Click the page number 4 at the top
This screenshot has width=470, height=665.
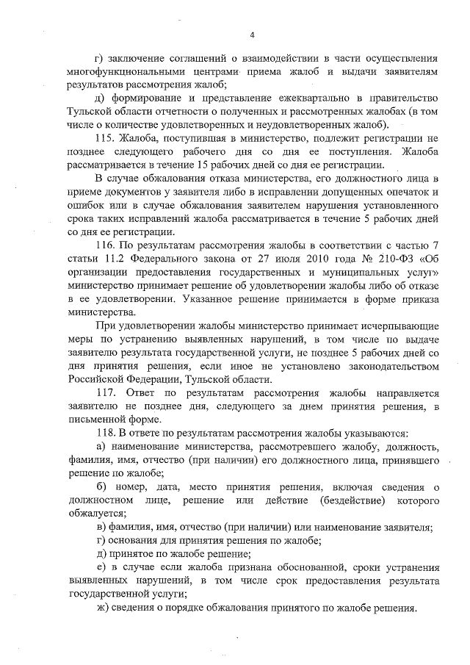[252, 35]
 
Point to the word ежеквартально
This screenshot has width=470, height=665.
[308, 98]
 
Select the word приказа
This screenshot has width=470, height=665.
[419, 297]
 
